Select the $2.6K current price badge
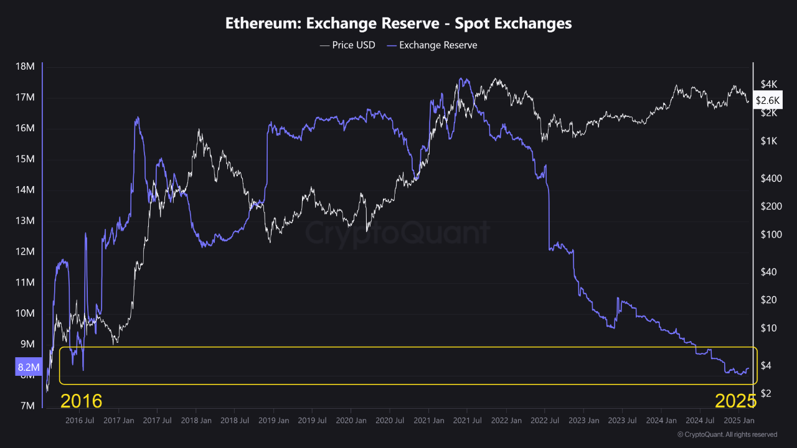[x=768, y=100]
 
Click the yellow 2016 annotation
[x=82, y=400]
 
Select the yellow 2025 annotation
[x=735, y=400]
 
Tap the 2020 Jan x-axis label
[x=351, y=421]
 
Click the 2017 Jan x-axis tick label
[x=119, y=421]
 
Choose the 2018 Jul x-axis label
[x=235, y=421]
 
